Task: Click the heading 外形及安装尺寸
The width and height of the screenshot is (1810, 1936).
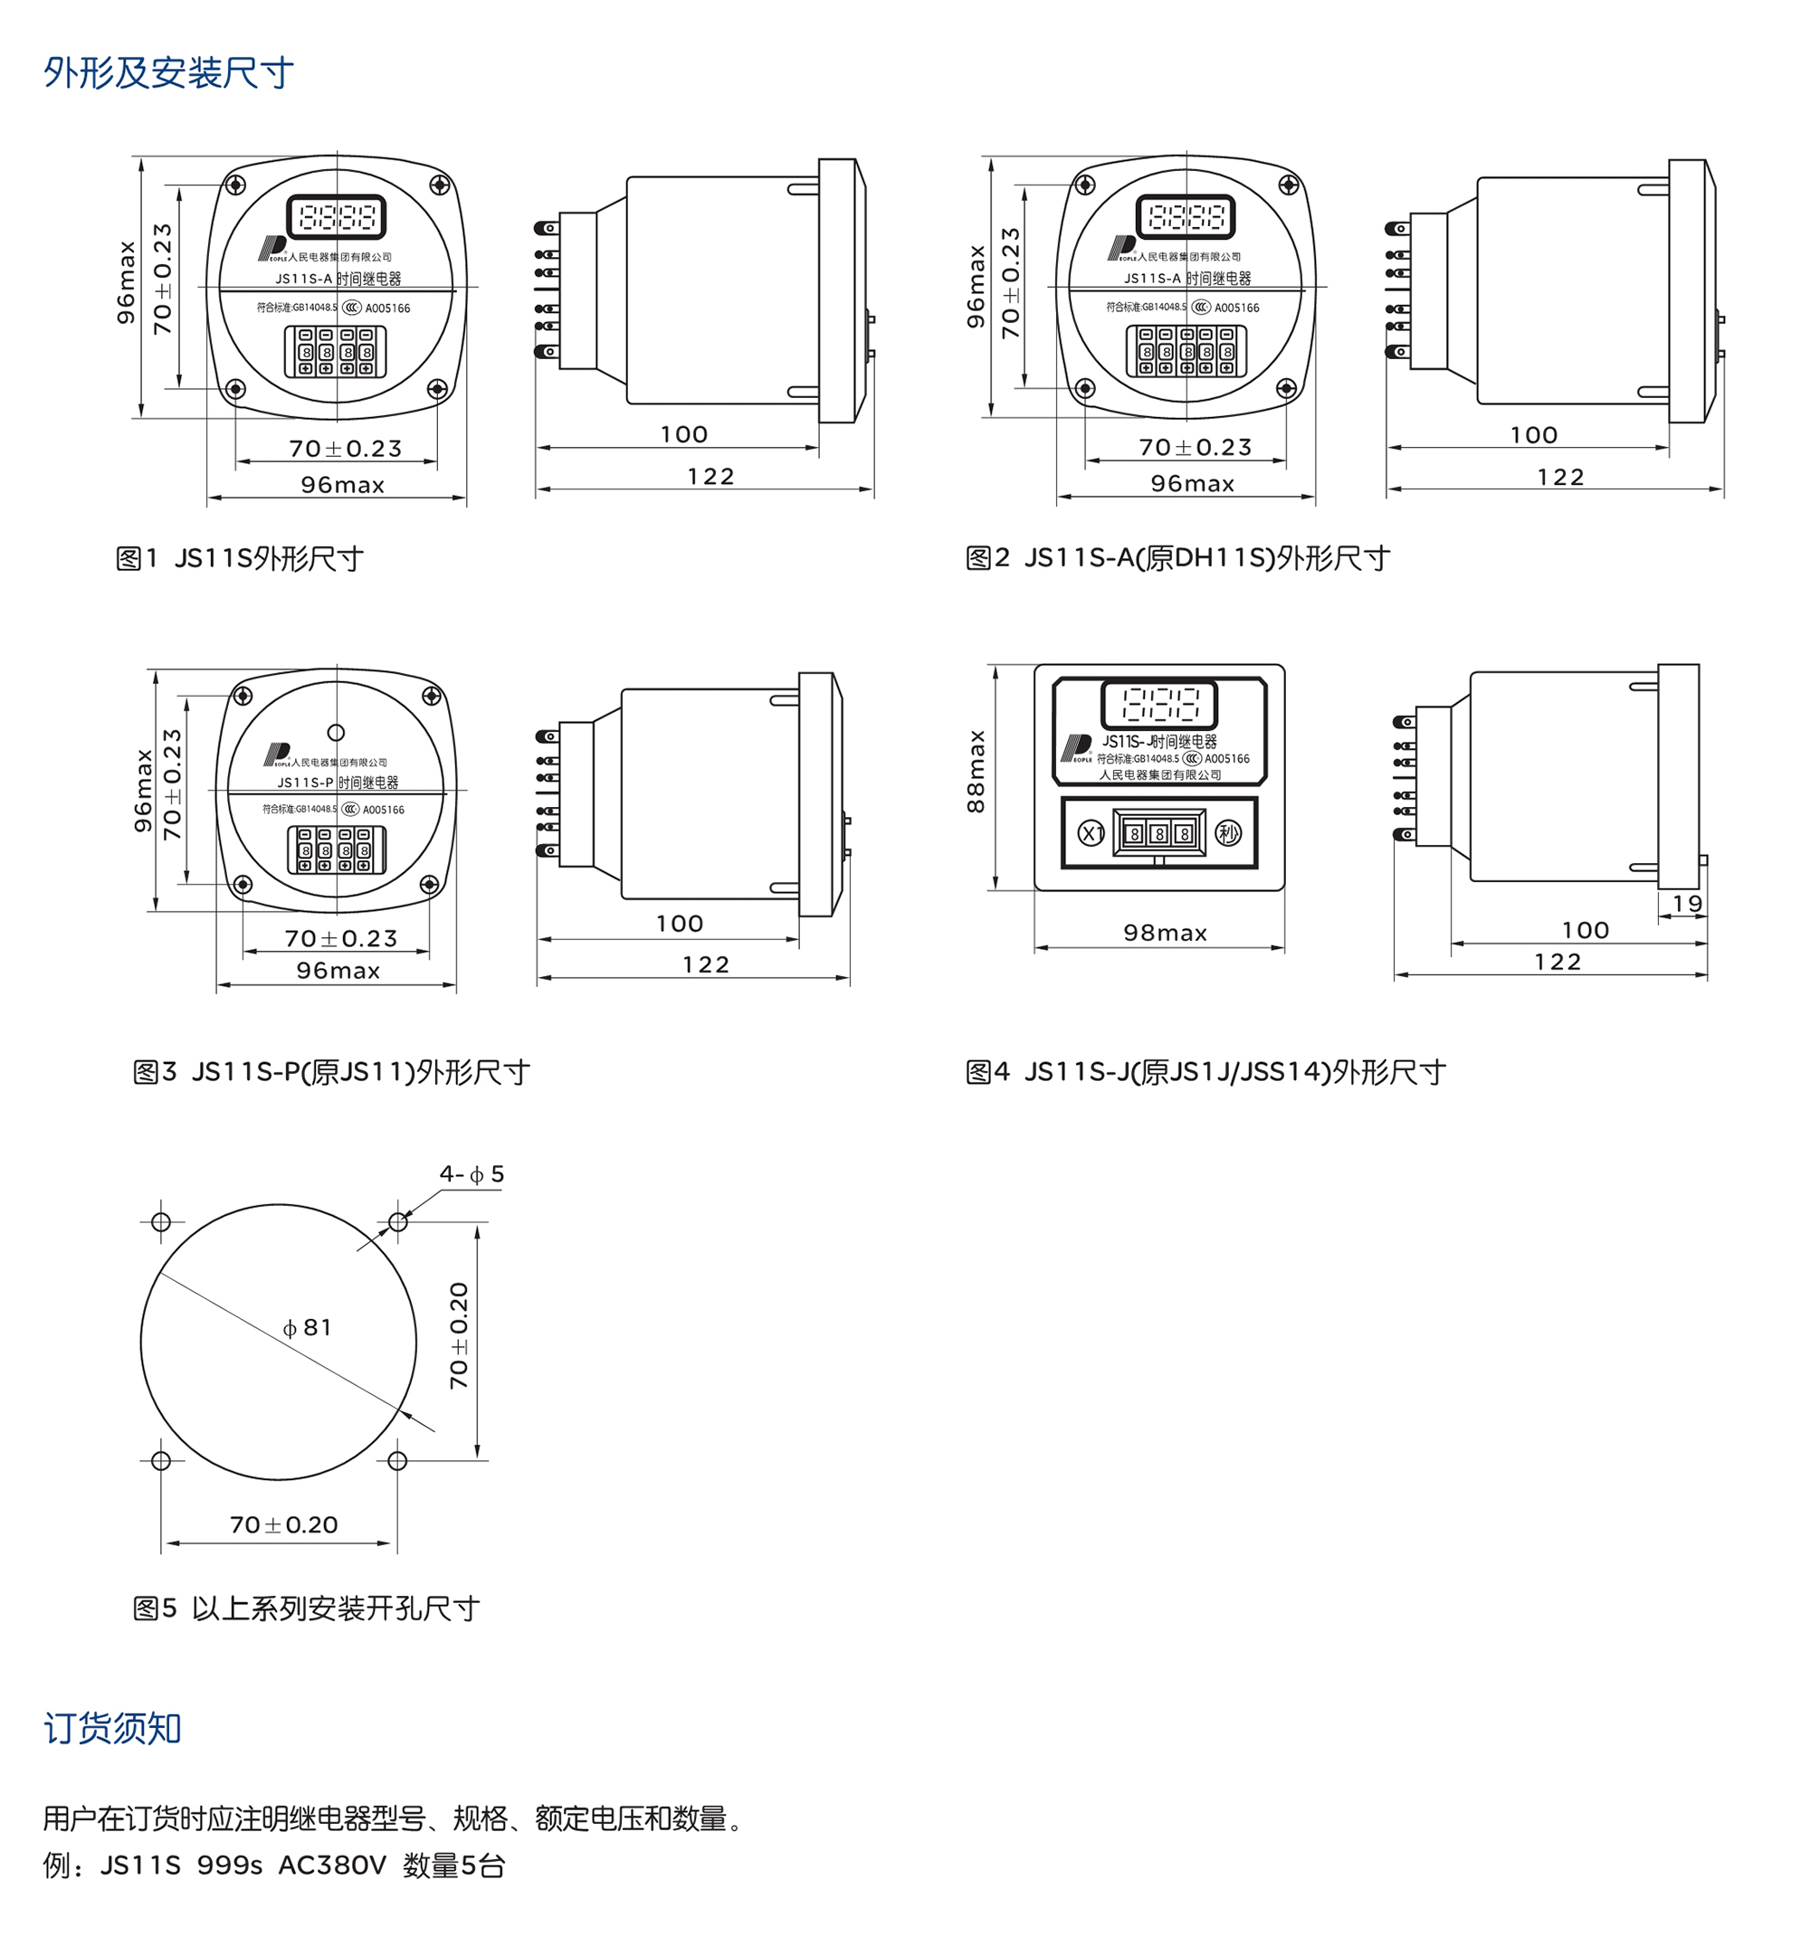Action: click(x=167, y=73)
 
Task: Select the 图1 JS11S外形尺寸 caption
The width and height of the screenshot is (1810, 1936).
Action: click(x=240, y=558)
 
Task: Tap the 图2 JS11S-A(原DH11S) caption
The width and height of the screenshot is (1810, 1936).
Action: click(x=1176, y=558)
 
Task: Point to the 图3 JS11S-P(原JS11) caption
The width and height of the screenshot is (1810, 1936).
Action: click(x=331, y=1072)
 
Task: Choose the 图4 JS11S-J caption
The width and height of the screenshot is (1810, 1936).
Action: click(x=1205, y=1072)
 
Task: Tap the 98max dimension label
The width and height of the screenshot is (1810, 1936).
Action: click(x=1165, y=933)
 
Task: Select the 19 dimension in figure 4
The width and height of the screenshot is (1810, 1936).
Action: click(x=1687, y=904)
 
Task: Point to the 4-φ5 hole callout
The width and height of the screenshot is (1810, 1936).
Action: click(x=472, y=1174)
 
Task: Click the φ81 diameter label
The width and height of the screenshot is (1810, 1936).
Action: click(x=307, y=1327)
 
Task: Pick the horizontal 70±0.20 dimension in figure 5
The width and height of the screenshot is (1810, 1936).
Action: click(x=283, y=1525)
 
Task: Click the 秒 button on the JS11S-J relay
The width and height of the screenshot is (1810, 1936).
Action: click(x=1228, y=832)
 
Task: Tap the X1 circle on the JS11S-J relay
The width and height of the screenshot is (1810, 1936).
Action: click(x=1091, y=833)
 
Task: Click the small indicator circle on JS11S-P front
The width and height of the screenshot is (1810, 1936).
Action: click(x=336, y=732)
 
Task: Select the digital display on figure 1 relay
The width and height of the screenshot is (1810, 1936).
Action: click(x=336, y=216)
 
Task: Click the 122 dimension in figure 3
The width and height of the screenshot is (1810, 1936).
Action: click(x=705, y=964)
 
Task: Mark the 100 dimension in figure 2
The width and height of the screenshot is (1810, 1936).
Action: click(x=1533, y=435)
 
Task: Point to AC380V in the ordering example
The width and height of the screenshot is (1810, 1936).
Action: click(x=332, y=1865)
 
